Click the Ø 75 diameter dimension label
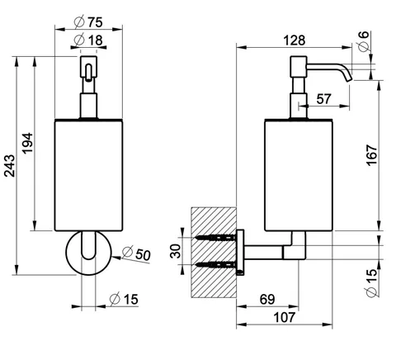(88, 22)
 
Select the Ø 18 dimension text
(88, 40)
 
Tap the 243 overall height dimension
(10, 166)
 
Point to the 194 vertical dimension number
(27, 143)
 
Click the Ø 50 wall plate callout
(136, 253)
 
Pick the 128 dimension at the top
(295, 40)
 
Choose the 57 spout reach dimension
(323, 99)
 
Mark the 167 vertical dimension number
(371, 155)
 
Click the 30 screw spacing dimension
(176, 251)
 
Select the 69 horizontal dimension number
(267, 299)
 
